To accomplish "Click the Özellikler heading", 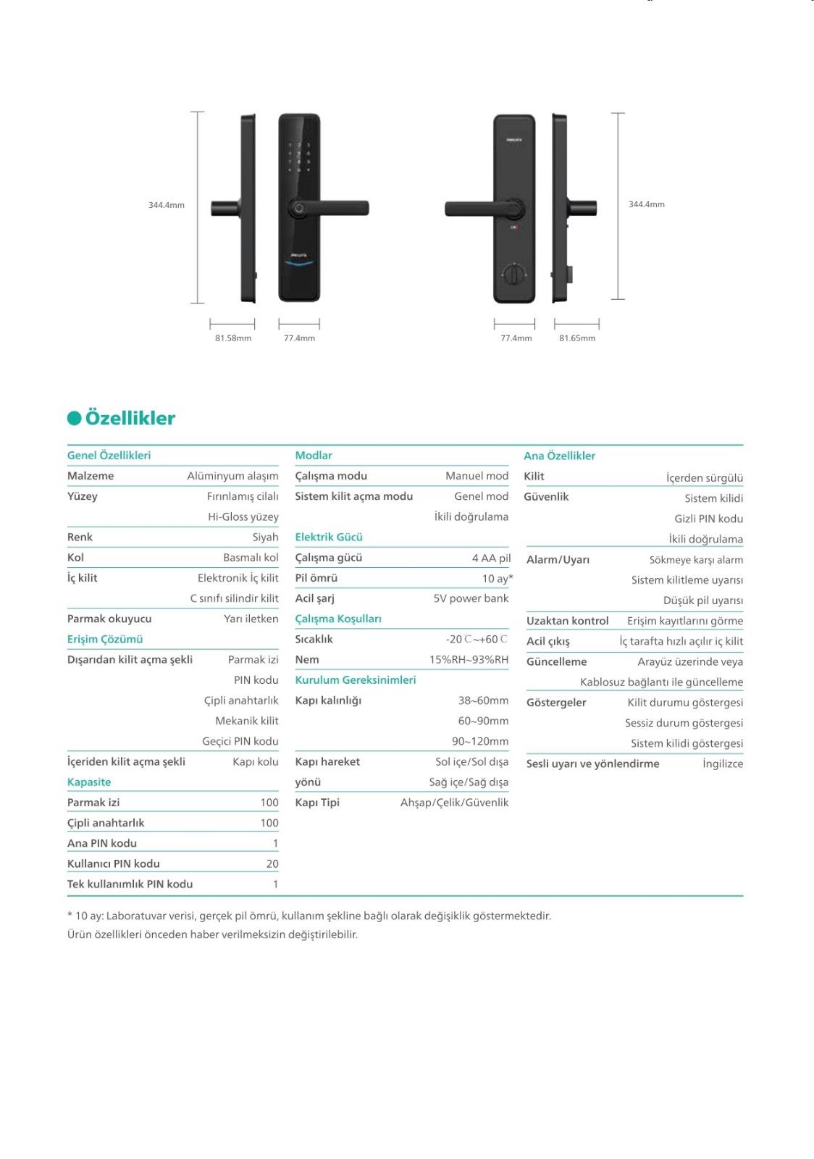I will click(130, 418).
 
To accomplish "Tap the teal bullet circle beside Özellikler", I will click(74, 418).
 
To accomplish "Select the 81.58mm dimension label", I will click(233, 338).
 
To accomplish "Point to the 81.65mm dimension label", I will click(577, 338).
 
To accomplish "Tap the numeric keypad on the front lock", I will click(298, 157).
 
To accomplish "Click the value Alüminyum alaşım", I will click(232, 476).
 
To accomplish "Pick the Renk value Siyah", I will click(265, 537).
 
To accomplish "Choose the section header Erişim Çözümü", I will click(105, 639).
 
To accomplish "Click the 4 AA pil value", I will click(491, 558).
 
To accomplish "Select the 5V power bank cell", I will click(471, 598).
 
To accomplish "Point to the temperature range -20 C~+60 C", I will click(477, 639).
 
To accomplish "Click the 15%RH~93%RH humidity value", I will click(469, 659).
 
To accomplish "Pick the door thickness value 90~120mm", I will click(480, 741).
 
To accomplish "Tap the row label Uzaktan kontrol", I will click(567, 621).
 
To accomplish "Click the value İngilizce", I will click(723, 763).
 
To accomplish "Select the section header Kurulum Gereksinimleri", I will click(356, 679).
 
